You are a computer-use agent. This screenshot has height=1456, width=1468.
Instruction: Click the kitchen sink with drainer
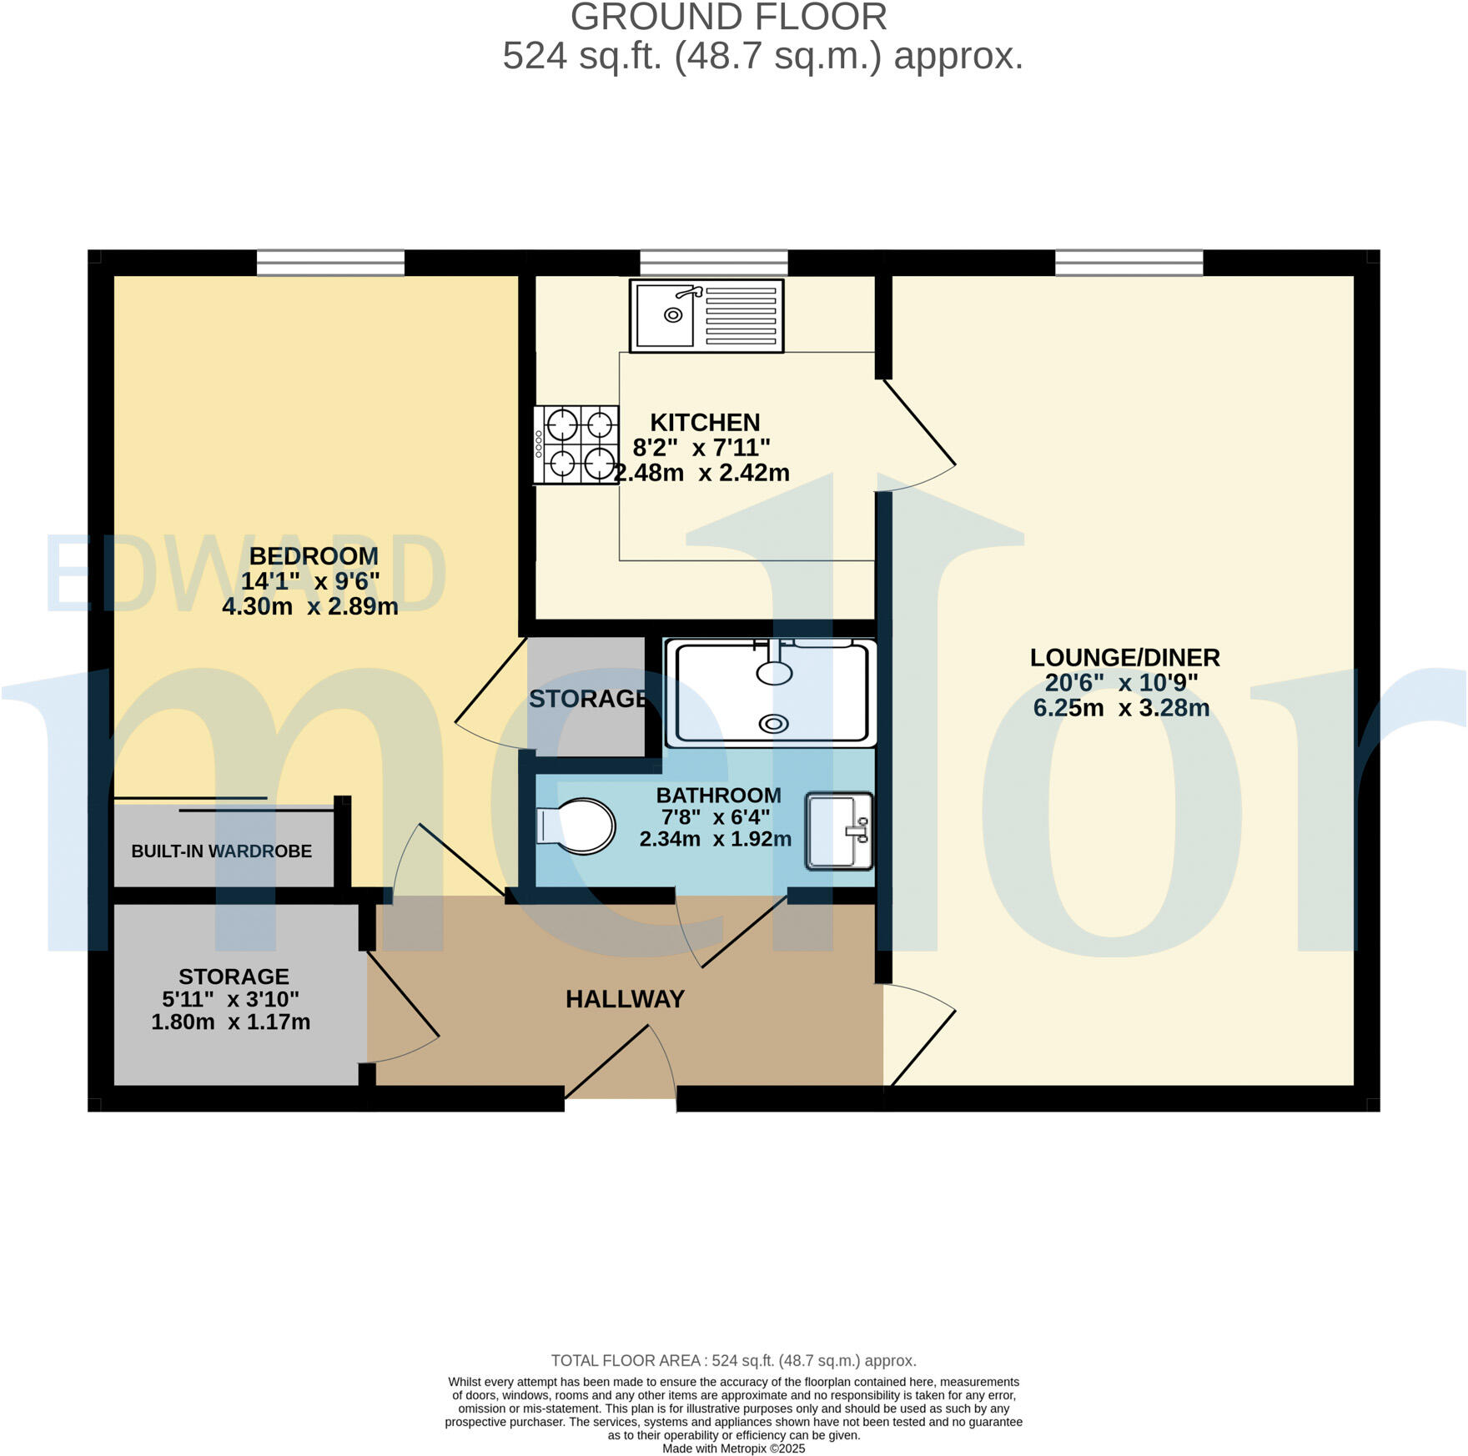tap(706, 316)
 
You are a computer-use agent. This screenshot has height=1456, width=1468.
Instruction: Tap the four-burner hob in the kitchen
tap(576, 444)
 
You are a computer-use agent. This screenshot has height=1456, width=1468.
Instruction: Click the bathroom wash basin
tap(839, 831)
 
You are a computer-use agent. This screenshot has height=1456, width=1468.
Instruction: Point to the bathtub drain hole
tap(773, 724)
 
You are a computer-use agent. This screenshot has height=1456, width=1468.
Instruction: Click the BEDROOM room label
tap(314, 555)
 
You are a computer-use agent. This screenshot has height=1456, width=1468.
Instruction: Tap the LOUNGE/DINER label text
tap(1124, 657)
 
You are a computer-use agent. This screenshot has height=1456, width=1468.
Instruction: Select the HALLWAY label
tap(625, 998)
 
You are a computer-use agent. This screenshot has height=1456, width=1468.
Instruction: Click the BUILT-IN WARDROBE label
tap(222, 851)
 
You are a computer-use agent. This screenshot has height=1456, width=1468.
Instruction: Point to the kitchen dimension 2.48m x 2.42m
tap(701, 473)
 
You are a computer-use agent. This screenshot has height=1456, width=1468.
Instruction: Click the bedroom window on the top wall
tap(330, 263)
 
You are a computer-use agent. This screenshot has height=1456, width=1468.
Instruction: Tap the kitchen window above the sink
tap(713, 263)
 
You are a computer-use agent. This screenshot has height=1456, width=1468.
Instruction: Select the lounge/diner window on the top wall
tap(1129, 263)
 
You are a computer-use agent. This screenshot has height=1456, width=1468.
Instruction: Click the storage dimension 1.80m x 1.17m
tap(231, 1022)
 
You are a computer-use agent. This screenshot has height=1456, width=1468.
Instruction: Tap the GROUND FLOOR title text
tap(728, 18)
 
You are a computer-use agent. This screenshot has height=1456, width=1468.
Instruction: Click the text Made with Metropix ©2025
tap(733, 1448)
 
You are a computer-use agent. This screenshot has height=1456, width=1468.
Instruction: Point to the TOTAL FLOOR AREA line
tap(733, 1360)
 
